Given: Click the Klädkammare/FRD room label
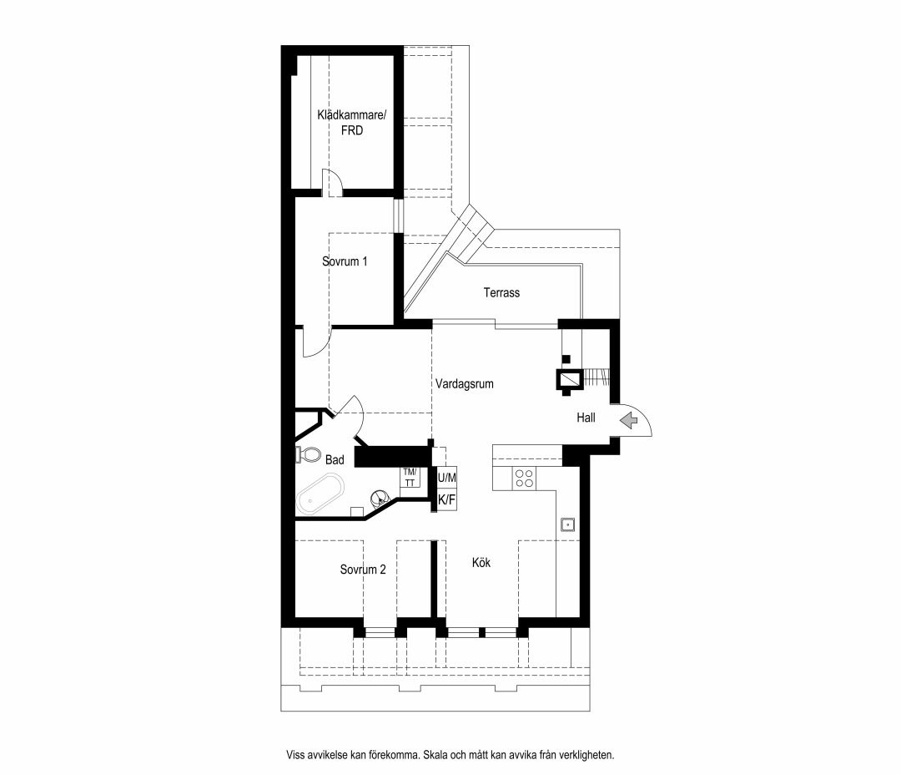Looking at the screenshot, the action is tap(352, 123).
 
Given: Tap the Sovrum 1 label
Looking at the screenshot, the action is tap(345, 261).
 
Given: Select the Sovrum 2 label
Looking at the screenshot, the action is tap(363, 570).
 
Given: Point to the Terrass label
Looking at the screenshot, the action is tap(501, 293).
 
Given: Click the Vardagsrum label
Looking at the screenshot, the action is tap(465, 384).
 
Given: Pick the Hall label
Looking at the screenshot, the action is tap(586, 418).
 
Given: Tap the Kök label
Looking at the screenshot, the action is tap(481, 562).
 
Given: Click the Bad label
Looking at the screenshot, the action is tap(335, 459).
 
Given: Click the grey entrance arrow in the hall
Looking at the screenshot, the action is tap(629, 421).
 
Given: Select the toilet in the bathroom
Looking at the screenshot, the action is tap(309, 454).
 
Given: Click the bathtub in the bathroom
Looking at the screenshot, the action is tap(320, 494).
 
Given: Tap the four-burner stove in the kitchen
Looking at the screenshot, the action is tap(524, 479).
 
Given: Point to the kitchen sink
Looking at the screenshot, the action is tap(568, 524).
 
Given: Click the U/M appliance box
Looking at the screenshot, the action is tap(447, 478).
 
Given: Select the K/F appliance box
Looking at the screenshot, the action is tap(447, 500).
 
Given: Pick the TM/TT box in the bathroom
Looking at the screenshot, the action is tap(410, 479).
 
